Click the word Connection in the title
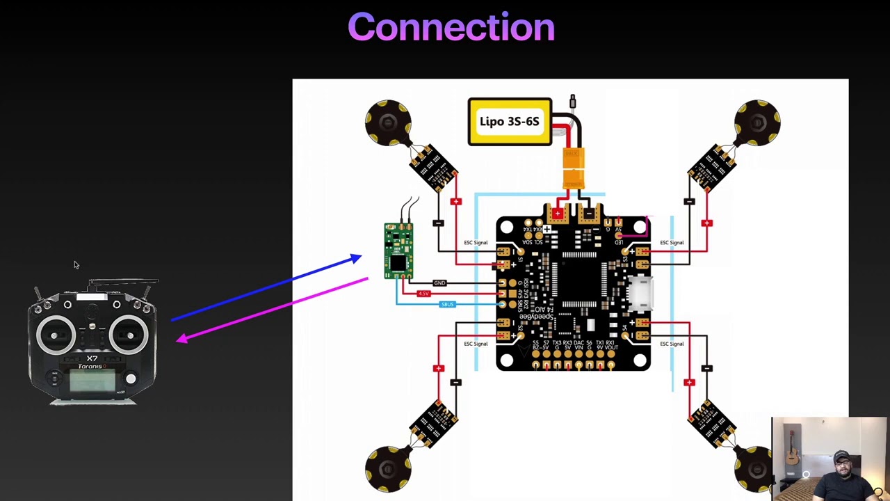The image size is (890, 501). click(451, 28)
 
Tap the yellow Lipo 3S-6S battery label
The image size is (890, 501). click(510, 122)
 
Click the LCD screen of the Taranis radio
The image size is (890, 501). click(92, 381)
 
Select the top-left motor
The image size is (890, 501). click(388, 123)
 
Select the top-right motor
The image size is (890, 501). click(757, 123)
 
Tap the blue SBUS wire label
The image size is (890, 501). click(447, 304)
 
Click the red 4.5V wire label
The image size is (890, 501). click(423, 294)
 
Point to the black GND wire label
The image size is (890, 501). click(439, 283)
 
